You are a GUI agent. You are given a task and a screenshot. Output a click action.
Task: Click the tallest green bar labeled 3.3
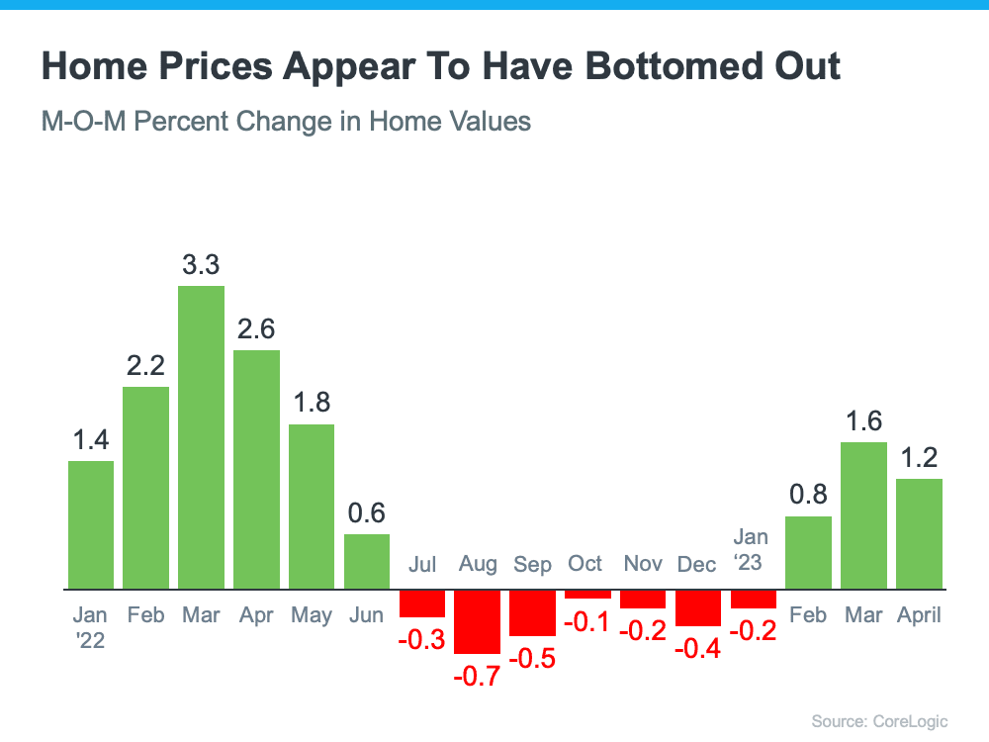[201, 437]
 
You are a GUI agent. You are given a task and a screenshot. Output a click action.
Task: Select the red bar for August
[477, 621]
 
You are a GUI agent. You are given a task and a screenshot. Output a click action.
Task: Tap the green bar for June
[367, 561]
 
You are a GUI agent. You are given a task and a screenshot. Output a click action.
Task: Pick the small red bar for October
[587, 594]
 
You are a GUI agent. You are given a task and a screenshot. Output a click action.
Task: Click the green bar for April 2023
[919, 534]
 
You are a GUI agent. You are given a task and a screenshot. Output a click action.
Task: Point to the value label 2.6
[256, 329]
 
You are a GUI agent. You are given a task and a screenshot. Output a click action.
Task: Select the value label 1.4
[91, 440]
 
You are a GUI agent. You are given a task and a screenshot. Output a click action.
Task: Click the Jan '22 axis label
[91, 627]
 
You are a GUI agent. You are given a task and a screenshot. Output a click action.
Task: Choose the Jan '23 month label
[751, 549]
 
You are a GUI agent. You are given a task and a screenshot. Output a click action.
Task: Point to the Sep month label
[532, 564]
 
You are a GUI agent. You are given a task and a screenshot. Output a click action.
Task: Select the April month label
[919, 614]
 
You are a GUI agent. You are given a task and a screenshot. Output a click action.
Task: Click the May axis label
[312, 614]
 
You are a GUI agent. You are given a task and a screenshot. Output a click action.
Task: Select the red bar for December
[698, 607]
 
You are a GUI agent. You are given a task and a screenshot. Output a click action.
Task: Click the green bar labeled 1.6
[864, 515]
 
